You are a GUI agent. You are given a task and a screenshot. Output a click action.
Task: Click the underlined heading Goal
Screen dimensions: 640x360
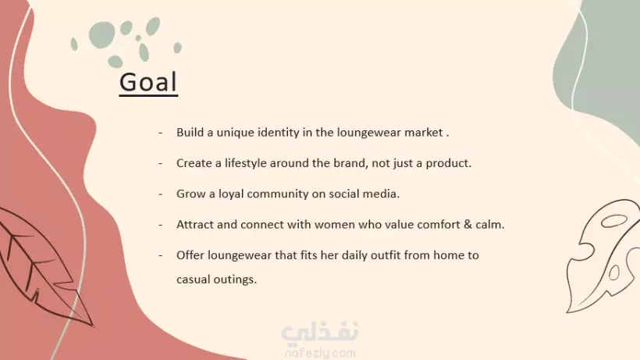tap(148, 83)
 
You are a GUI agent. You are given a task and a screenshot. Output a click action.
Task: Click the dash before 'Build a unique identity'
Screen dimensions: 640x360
tap(161, 133)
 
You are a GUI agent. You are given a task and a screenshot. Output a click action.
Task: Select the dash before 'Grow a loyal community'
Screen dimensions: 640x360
tap(161, 194)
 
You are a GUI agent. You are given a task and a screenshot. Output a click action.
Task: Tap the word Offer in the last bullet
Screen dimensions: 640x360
tap(190, 255)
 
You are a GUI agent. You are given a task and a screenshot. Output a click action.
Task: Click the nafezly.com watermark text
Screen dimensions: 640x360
tap(320, 353)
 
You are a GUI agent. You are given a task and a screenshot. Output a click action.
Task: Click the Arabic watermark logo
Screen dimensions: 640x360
tap(320, 331)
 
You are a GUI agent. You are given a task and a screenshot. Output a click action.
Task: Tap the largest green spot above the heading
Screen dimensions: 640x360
tap(102, 34)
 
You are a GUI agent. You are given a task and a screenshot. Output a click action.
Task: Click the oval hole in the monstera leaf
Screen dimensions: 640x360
tap(614, 221)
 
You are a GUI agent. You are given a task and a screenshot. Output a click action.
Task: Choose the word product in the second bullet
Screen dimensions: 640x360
tap(448, 163)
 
